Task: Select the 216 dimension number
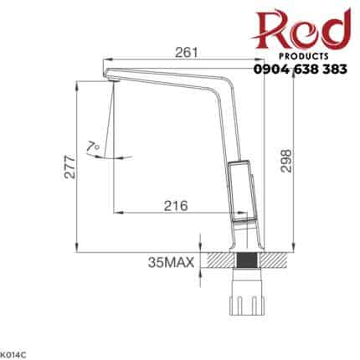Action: point(174,204)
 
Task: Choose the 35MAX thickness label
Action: point(169,263)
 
